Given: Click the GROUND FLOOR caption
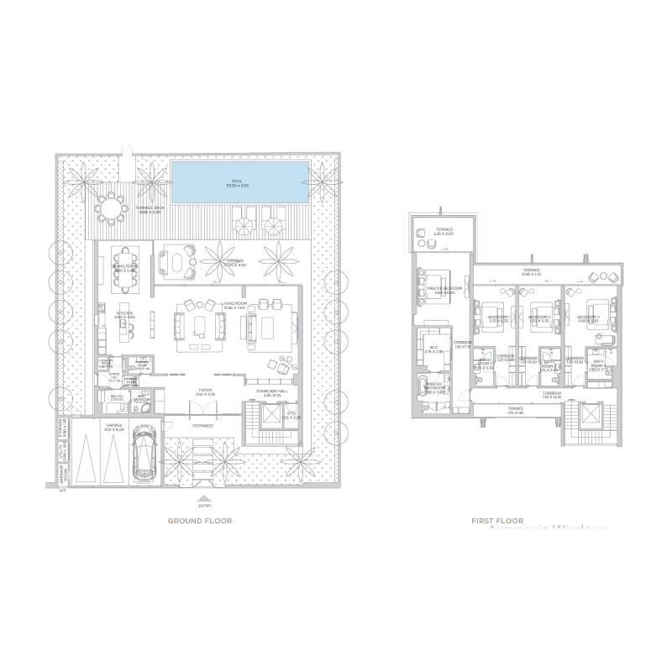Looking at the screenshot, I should (200, 521).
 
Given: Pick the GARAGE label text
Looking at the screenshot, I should (113, 426).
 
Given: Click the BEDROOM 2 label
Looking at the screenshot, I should (539, 317).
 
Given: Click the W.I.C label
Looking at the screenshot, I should (433, 348).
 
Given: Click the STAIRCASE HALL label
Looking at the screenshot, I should (268, 390).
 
